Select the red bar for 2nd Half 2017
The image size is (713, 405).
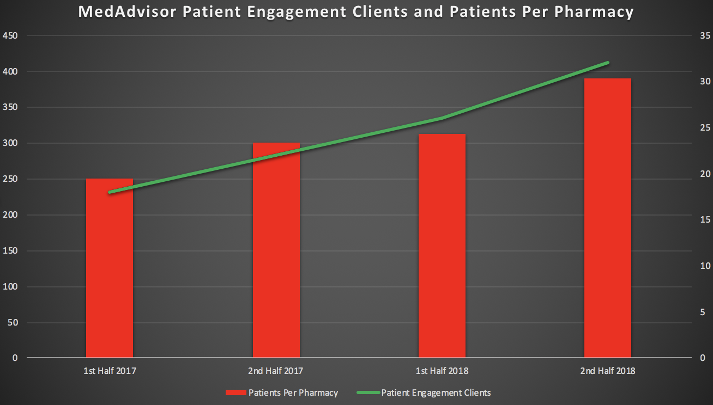click(x=276, y=250)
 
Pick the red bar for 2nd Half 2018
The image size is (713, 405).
click(x=608, y=218)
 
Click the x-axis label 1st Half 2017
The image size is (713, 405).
click(x=110, y=371)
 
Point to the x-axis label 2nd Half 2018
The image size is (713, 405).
click(x=608, y=371)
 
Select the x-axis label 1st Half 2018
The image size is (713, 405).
click(x=442, y=371)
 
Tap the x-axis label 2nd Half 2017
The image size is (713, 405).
click(x=276, y=371)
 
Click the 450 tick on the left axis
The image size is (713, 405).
click(x=11, y=36)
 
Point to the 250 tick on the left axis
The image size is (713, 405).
click(x=11, y=179)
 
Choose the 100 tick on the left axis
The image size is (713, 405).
click(x=11, y=287)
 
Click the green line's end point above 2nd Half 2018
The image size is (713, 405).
click(x=608, y=63)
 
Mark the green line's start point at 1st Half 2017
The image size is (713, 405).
click(x=110, y=192)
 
